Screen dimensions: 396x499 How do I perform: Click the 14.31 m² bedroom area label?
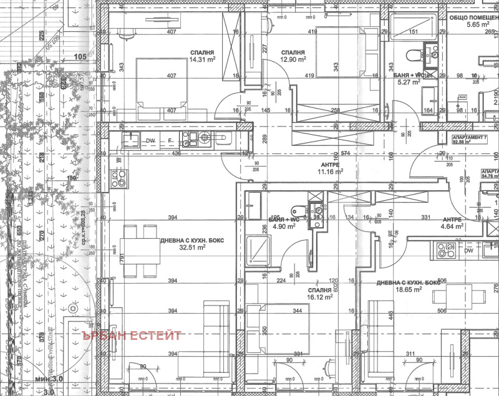click(202, 60)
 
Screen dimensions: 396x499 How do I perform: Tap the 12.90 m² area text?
click(293, 60)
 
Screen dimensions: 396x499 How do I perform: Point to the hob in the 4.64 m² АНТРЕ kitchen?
click(446, 251)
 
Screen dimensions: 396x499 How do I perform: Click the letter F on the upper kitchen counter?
click(169, 141)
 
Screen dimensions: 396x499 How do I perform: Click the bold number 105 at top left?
click(80, 57)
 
